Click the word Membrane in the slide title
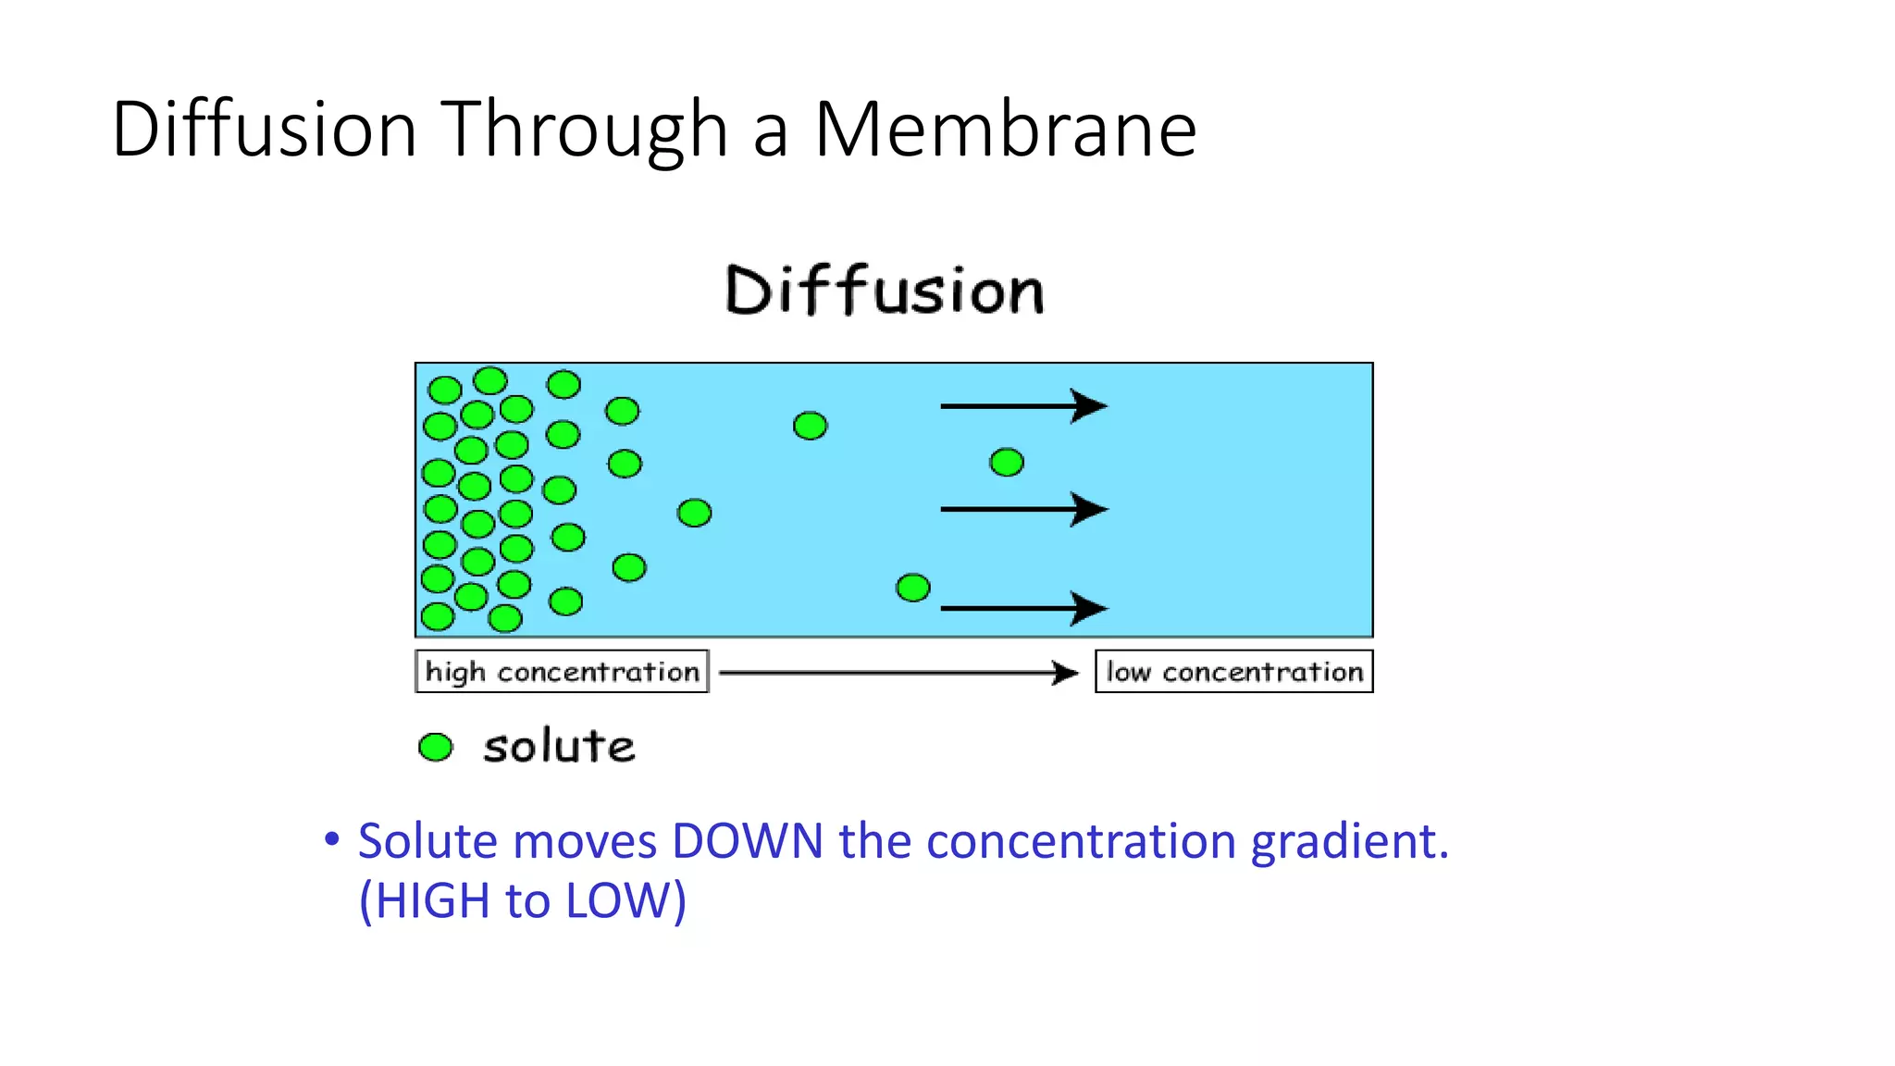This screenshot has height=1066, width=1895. [x=1006, y=130]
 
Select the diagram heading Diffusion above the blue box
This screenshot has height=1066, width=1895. [x=885, y=291]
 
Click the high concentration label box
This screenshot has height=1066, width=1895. [x=562, y=672]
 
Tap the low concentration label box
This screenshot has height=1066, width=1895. [x=1233, y=672]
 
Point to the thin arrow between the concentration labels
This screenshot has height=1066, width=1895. [x=898, y=673]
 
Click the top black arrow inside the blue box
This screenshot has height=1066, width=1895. [x=1022, y=405]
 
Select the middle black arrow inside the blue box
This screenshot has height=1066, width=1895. [x=1022, y=509]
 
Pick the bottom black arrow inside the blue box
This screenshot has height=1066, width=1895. [x=1022, y=608]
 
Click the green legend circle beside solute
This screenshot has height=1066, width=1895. [x=436, y=747]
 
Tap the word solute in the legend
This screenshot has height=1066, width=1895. [x=559, y=747]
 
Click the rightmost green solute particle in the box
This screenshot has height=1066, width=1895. [x=1007, y=462]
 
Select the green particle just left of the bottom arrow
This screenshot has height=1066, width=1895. [x=913, y=588]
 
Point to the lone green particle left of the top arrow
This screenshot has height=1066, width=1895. [x=811, y=426]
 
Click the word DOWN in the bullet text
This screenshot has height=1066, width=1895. [x=748, y=841]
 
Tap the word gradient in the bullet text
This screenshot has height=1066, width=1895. [x=1349, y=843]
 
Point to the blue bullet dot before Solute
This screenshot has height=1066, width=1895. [x=331, y=839]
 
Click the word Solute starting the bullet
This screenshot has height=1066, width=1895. [x=427, y=841]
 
